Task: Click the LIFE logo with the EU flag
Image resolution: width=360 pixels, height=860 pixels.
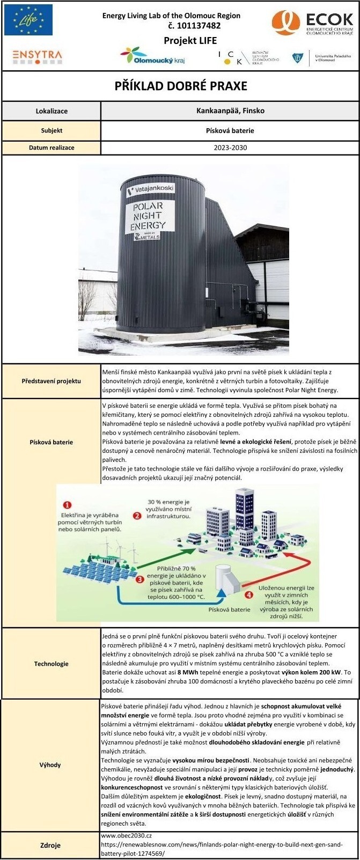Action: point(28,20)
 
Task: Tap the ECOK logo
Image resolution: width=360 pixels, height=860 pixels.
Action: point(313,24)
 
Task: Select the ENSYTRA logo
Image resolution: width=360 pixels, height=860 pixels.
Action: point(37,56)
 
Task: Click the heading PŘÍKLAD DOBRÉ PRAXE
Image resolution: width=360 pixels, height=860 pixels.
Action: point(181,86)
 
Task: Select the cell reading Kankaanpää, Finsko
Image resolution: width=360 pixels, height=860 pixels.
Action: point(229,111)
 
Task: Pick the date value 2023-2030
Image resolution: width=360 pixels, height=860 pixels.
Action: point(229,148)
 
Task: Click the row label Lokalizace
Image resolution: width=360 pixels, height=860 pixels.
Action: point(52,111)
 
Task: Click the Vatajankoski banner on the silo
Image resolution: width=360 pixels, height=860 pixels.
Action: point(150,190)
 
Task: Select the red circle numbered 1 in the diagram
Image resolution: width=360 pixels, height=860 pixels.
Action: point(68,505)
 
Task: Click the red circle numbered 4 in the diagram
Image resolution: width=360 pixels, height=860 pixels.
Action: point(248,595)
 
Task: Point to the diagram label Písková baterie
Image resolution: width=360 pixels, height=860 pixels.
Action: point(229,609)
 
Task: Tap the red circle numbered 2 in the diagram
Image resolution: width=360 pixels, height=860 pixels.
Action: point(137,516)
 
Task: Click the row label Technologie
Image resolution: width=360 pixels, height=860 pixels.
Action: point(52,664)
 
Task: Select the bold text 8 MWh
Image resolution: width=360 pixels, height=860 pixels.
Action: point(188,672)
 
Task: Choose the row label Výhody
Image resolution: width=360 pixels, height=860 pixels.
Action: point(50,765)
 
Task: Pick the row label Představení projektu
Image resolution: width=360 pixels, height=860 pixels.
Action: point(52,381)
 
